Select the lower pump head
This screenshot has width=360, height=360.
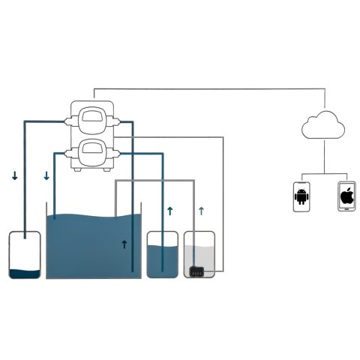click(x=97, y=152)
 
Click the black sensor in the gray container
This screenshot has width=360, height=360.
click(x=197, y=271)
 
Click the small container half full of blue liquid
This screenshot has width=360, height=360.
click(x=161, y=255)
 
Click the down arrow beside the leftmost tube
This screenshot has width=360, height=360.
click(x=14, y=176)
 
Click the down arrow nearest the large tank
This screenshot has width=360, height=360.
click(x=46, y=176)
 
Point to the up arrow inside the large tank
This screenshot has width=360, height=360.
click(x=124, y=244)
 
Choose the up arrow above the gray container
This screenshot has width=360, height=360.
click(x=201, y=211)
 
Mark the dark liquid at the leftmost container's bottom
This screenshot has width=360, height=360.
click(x=24, y=272)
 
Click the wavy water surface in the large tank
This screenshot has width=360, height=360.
click(x=94, y=218)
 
